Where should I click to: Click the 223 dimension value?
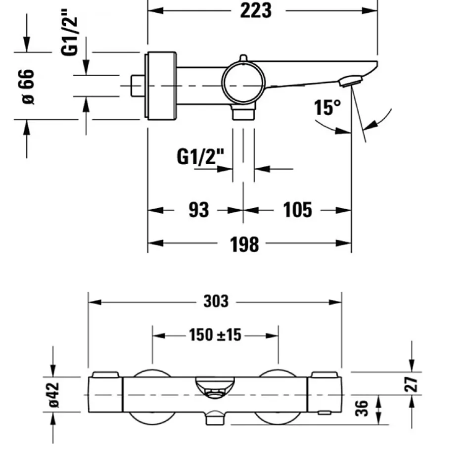click(256, 11)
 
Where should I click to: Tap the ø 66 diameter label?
click(28, 87)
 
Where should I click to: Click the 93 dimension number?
click(199, 210)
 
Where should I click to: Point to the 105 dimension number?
click(297, 210)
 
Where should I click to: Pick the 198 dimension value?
click(244, 245)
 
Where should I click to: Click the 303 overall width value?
click(216, 301)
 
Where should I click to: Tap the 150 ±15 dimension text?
click(215, 335)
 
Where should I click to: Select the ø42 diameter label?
click(54, 395)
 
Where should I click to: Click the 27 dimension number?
click(412, 384)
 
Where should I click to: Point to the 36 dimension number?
click(362, 408)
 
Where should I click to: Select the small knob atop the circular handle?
click(243, 58)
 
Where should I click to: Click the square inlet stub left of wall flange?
click(138, 86)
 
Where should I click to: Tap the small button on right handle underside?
click(324, 413)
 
